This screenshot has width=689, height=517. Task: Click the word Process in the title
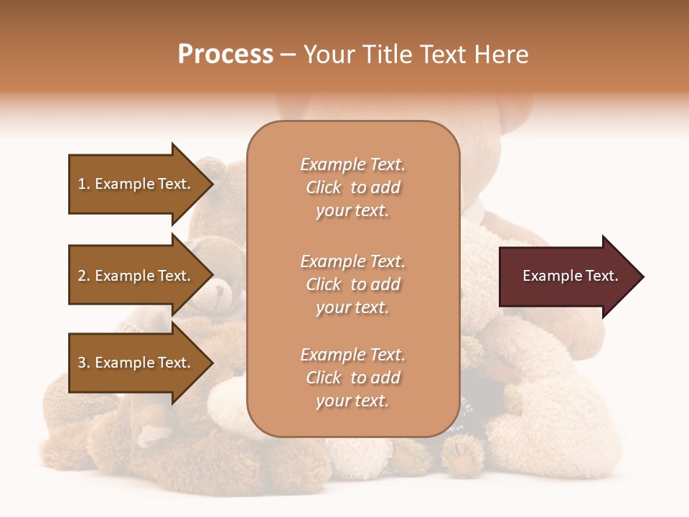click(225, 55)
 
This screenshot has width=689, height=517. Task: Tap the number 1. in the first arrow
click(84, 184)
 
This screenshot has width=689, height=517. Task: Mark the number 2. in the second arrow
click(84, 276)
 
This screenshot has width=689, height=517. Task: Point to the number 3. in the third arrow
click(84, 363)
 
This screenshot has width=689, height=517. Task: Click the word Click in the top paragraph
click(324, 187)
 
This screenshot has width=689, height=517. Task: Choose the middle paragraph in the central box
click(352, 284)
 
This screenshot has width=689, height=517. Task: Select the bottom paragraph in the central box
click(352, 378)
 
